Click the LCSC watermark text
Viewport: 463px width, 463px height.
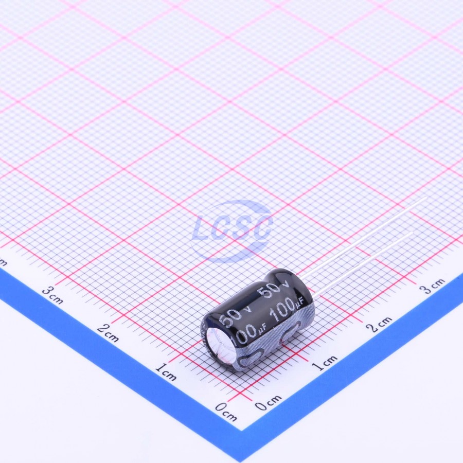(232, 229)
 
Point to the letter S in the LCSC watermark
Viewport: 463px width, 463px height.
(242, 229)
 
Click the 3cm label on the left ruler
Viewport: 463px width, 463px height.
(52, 295)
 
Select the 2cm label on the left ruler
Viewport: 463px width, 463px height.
(108, 332)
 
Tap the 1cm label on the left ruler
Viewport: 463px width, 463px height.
(166, 371)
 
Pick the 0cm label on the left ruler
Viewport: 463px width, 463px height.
(226, 412)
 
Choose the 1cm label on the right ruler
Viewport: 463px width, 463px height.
(325, 363)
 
